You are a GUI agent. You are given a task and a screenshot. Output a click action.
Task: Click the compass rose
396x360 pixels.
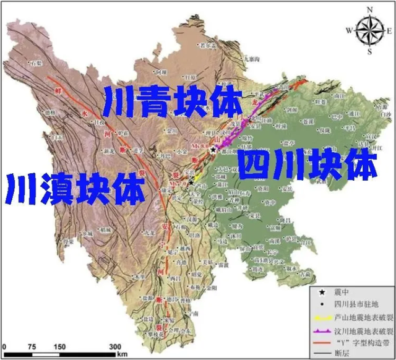[369, 28]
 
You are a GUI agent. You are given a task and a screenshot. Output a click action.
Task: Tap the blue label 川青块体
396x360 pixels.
[173, 100]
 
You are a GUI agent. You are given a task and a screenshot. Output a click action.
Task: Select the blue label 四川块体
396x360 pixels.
[308, 164]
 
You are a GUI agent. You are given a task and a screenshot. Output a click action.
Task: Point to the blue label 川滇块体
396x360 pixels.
[75, 188]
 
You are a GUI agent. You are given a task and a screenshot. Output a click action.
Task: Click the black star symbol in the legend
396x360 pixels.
[321, 293]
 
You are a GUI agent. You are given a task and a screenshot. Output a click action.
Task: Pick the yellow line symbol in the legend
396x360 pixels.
[321, 314]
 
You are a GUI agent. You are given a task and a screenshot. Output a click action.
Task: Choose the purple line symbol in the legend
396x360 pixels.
[321, 325]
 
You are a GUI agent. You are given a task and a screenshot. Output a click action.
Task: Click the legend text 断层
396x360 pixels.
[342, 348]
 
